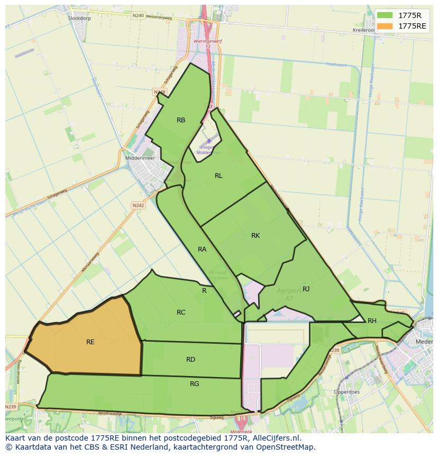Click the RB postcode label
click(x=181, y=120)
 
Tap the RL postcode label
click(x=218, y=176)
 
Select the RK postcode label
click(x=255, y=236)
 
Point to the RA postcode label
click(x=202, y=249)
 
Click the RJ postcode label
click(x=306, y=289)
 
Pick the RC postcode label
click(x=181, y=312)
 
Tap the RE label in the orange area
click(x=90, y=342)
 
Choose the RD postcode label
click(x=190, y=360)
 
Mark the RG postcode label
click(x=195, y=384)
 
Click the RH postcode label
click(x=372, y=321)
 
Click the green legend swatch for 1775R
click(x=385, y=15)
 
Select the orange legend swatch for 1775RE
click(x=385, y=26)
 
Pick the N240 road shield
click(x=138, y=15)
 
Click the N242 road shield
click(x=138, y=205)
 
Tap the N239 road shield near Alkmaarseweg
click(x=11, y=407)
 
